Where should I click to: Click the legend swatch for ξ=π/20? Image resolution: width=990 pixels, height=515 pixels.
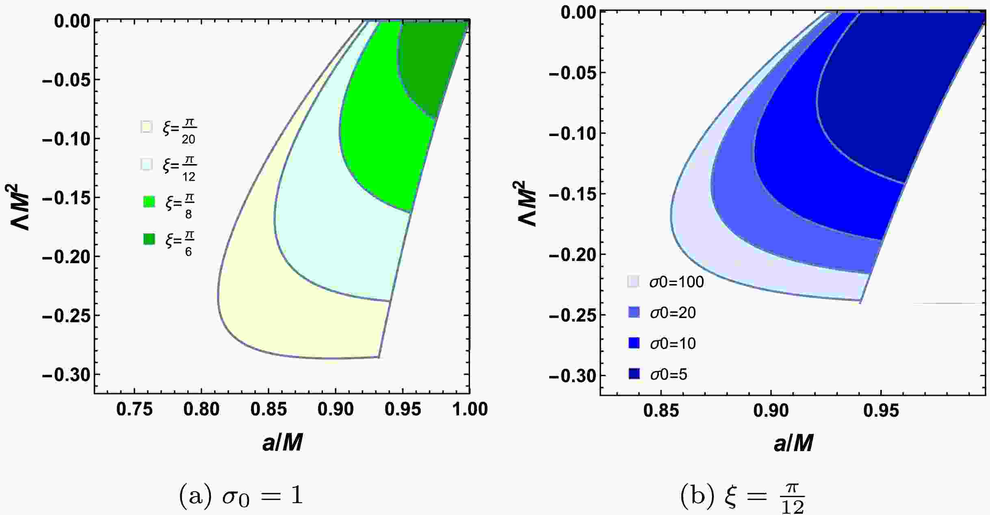[146, 127]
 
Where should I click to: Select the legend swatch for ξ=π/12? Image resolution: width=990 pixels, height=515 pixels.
[146, 164]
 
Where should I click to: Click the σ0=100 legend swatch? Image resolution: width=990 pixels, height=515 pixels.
[633, 281]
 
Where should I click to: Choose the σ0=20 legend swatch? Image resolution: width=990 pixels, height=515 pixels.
[633, 312]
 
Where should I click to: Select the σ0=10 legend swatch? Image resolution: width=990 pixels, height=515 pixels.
[633, 343]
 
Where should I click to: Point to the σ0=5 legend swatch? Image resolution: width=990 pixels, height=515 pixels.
[633, 374]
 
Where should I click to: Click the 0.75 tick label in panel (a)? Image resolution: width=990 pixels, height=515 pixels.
[134, 409]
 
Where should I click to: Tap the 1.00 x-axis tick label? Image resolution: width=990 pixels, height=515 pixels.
[470, 409]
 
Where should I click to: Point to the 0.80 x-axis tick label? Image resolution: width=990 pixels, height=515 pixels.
[201, 409]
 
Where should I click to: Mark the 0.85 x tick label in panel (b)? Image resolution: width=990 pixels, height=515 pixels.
[661, 411]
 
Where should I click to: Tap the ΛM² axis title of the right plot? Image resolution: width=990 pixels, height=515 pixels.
[527, 203]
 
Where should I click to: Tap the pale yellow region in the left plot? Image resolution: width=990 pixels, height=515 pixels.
[284, 325]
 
